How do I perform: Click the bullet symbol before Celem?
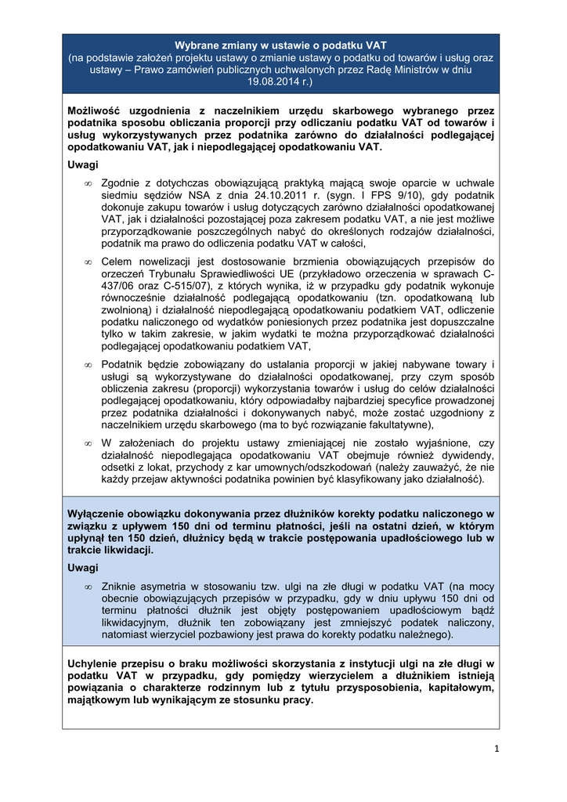point(88,262)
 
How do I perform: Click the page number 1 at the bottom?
point(497,750)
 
